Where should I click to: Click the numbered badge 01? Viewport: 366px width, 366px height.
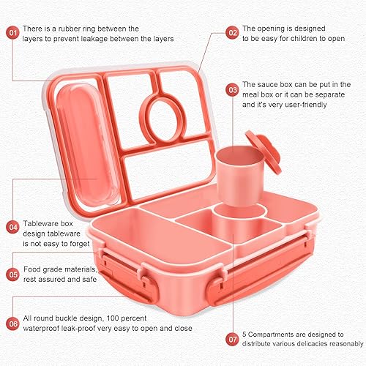(12, 32)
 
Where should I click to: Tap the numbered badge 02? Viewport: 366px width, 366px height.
(232, 32)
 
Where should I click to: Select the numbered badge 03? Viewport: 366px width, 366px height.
(232, 90)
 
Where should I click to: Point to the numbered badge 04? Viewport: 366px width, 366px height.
(12, 227)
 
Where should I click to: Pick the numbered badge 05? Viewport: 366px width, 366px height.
(12, 274)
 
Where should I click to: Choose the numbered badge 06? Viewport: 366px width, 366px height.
(12, 322)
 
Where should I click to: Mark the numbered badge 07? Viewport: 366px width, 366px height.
(232, 340)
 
